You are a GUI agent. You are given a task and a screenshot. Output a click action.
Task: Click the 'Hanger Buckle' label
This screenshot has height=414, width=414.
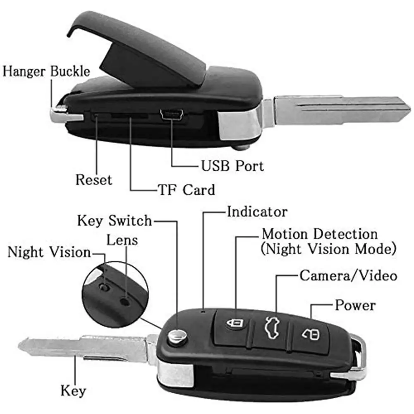46,71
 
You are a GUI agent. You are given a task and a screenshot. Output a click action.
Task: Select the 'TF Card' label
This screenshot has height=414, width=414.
187,190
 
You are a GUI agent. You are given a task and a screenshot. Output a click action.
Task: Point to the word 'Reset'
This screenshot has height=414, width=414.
93,180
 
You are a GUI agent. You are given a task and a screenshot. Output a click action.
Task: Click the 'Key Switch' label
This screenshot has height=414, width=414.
115,220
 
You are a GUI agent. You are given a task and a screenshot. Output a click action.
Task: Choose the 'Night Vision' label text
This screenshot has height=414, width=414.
49,252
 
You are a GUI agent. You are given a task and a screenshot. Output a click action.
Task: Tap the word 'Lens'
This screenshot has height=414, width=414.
122,239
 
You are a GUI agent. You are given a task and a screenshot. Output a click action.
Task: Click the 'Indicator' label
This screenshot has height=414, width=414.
257,212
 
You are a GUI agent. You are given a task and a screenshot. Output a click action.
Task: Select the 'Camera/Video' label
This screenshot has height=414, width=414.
348,275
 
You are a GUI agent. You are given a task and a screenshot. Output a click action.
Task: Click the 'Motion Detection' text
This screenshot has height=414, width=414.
320,234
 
